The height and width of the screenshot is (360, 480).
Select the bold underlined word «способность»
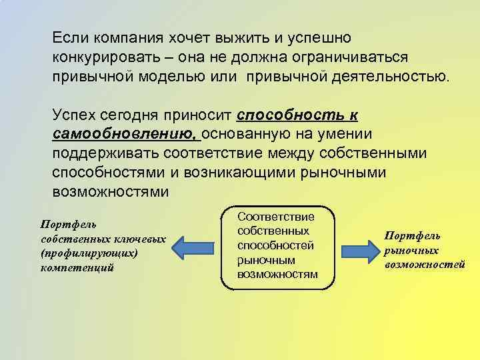pyautogui.click(x=288, y=113)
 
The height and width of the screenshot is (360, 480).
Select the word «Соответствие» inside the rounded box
pyautogui.click(x=276, y=217)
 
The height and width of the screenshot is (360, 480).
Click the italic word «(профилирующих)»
pyautogui.click(x=88, y=253)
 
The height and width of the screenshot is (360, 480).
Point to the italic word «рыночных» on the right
pyautogui.click(x=411, y=250)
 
